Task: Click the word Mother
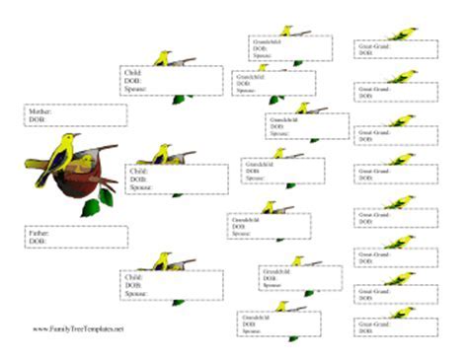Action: [x=39, y=112]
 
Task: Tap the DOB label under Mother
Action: [x=37, y=119]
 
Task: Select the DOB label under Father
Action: [x=37, y=240]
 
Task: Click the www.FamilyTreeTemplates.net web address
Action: [x=80, y=328]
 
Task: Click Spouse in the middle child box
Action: [x=136, y=185]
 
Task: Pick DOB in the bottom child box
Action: [x=132, y=285]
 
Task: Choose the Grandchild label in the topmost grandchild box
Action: [x=268, y=44]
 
